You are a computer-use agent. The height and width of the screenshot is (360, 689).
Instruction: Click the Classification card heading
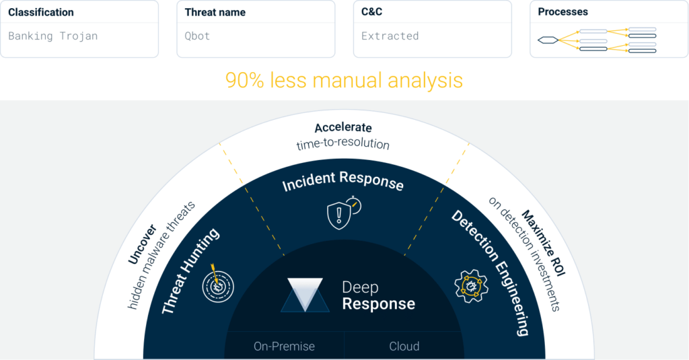41,12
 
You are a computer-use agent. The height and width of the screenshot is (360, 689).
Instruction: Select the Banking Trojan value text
53,36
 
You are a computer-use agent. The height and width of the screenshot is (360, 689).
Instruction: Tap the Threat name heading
215,12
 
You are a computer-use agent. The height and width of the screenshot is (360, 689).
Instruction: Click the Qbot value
197,36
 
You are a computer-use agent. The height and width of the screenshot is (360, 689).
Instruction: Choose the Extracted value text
390,36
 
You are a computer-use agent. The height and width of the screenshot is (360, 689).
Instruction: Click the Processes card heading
563,12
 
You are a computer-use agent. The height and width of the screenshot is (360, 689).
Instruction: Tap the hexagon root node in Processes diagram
547,40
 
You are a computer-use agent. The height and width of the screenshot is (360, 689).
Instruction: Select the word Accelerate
343,127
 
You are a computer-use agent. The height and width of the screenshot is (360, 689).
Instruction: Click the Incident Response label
343,182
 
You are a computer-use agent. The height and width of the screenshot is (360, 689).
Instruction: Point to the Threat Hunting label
191,272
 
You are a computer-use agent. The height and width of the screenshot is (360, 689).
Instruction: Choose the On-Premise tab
284,347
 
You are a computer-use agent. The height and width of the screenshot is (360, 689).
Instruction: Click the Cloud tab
404,347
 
